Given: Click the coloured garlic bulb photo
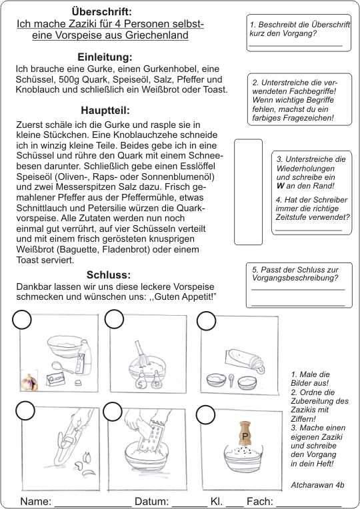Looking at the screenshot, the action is tap(29, 380).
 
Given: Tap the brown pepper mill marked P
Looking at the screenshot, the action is tap(245, 434).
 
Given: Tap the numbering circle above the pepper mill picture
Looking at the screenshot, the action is tap(205, 414).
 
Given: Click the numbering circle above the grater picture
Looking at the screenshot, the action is tap(113, 412).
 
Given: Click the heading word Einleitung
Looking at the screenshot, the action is tap(105, 57).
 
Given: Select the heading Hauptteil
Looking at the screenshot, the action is tap(105, 111).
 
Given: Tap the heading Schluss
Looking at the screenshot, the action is tap(108, 275).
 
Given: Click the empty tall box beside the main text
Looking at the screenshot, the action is tap(248, 192).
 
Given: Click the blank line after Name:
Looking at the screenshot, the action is tap(93, 506).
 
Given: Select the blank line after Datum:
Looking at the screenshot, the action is tap(189, 506).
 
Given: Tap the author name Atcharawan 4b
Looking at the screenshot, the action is tap(317, 485).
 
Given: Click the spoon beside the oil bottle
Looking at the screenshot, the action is tap(60, 368).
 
